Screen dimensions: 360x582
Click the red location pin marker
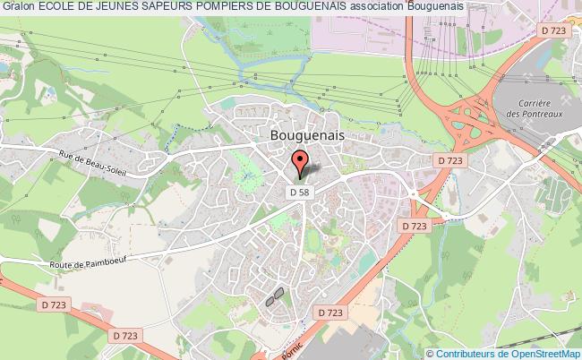click(301, 164)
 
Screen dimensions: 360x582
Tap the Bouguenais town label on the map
click(307, 132)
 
